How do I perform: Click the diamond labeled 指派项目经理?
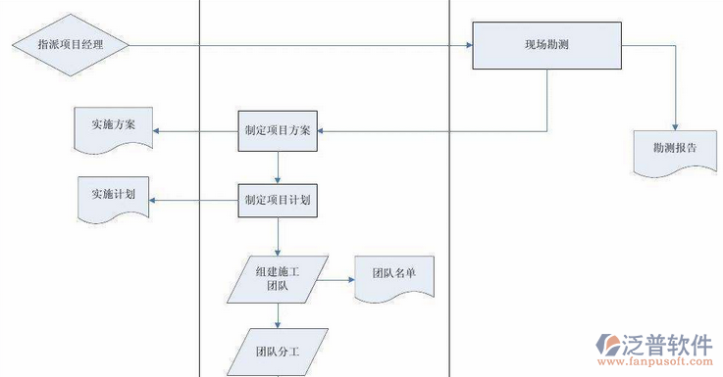[x=70, y=44]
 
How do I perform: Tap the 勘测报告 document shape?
[x=674, y=150]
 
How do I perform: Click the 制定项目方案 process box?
[x=278, y=131]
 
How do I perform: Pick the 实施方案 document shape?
[x=115, y=127]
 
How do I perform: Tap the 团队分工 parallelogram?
[x=278, y=350]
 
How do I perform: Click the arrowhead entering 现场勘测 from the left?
[x=467, y=44]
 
